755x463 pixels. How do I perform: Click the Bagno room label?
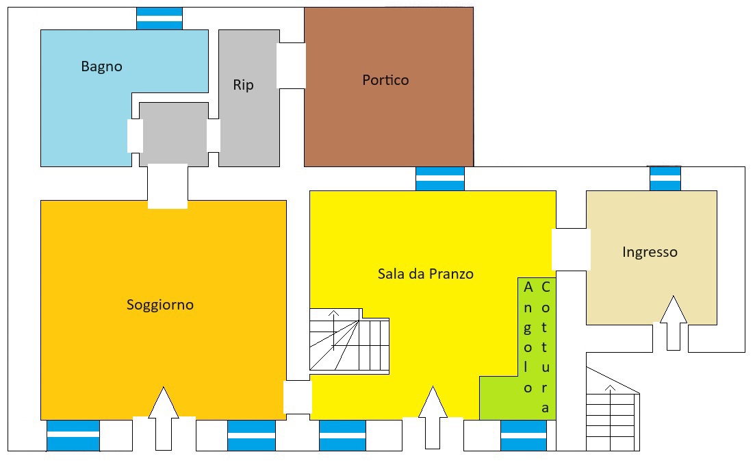[101, 66]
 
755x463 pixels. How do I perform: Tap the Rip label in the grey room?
[243, 85]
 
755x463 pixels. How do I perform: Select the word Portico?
[385, 80]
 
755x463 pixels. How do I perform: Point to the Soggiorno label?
[160, 305]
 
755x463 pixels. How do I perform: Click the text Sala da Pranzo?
[425, 274]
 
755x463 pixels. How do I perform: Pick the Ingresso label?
[650, 252]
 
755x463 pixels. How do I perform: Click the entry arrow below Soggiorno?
[164, 418]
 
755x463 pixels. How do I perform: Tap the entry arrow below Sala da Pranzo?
[433, 417]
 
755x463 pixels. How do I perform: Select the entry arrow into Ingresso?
[673, 323]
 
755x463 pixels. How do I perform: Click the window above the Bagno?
[159, 18]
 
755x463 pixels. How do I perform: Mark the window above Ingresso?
[665, 178]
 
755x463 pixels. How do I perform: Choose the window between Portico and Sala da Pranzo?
[440, 179]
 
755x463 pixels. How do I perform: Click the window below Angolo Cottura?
[524, 436]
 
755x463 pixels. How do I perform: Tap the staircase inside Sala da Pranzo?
[349, 341]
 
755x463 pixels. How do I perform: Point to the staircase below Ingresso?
[613, 409]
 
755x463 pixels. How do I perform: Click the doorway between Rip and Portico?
[291, 66]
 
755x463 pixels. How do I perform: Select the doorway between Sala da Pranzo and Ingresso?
[571, 249]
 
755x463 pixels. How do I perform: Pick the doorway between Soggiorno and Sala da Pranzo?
[298, 397]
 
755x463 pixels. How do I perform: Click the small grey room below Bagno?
[174, 134]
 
